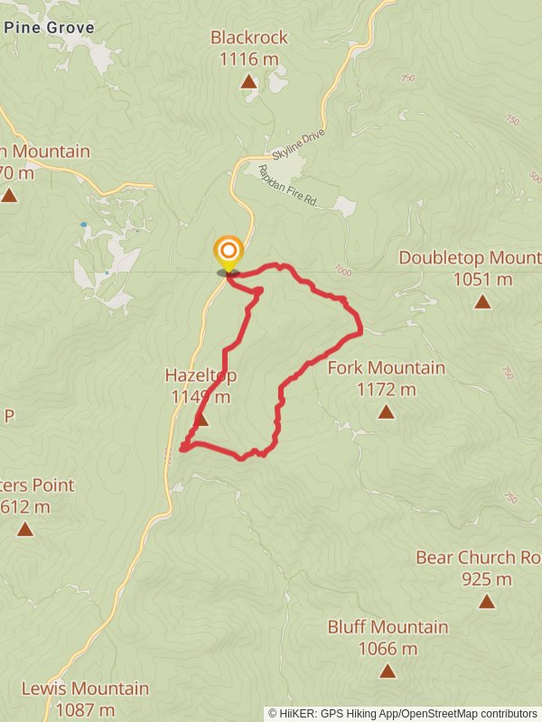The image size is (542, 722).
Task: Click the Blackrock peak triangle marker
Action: pyautogui.click(x=248, y=82)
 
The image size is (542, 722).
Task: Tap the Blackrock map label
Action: pyautogui.click(x=248, y=37)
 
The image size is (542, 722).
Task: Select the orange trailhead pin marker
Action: pyautogui.click(x=229, y=252)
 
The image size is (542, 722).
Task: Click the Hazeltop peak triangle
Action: pyautogui.click(x=201, y=420)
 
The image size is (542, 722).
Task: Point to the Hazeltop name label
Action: pyautogui.click(x=200, y=375)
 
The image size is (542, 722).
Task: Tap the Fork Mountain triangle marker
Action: pyautogui.click(x=386, y=412)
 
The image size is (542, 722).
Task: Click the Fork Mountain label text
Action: pyautogui.click(x=386, y=367)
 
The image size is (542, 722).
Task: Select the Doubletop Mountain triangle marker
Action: pyautogui.click(x=482, y=301)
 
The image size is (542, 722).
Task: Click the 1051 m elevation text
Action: pyautogui.click(x=482, y=279)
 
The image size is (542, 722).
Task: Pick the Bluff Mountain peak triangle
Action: pyautogui.click(x=388, y=671)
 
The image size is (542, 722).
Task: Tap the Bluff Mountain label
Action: pyautogui.click(x=388, y=626)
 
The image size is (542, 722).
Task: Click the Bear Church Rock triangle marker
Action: pyautogui.click(x=487, y=601)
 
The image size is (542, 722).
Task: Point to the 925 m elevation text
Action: pyautogui.click(x=487, y=579)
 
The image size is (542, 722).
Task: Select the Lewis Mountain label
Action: pyautogui.click(x=85, y=689)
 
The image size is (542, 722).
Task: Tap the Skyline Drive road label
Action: pyautogui.click(x=295, y=146)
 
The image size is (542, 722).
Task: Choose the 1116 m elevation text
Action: pyautogui.click(x=248, y=59)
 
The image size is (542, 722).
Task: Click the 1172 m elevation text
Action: pyautogui.click(x=386, y=389)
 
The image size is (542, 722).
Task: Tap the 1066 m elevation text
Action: pyautogui.click(x=388, y=648)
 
